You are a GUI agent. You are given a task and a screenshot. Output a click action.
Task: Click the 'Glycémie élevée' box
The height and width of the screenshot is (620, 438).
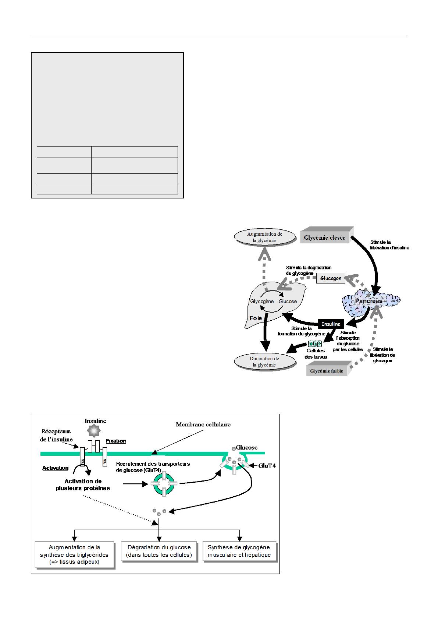click(x=325, y=237)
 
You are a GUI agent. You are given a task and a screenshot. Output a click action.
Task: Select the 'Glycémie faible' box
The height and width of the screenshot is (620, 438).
click(x=327, y=371)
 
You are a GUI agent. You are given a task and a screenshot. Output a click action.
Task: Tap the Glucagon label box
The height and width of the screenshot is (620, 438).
click(x=331, y=278)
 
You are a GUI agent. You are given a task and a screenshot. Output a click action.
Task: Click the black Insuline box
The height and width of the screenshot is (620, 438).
click(x=331, y=324)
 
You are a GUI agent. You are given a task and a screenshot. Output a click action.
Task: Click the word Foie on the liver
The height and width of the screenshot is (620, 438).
click(x=256, y=318)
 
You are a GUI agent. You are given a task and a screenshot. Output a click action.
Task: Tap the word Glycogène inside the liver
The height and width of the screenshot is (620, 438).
click(x=262, y=301)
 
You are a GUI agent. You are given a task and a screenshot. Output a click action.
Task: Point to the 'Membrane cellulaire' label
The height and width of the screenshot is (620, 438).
click(x=203, y=424)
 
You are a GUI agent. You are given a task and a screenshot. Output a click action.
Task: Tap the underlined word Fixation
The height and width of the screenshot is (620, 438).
click(x=116, y=441)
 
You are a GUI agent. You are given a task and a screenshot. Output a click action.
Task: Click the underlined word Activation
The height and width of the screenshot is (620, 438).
click(x=55, y=468)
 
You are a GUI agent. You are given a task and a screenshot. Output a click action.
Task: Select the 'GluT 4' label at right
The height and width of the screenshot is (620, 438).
click(x=267, y=465)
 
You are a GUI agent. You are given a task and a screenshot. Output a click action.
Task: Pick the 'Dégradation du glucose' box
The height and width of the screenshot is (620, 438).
click(x=159, y=551)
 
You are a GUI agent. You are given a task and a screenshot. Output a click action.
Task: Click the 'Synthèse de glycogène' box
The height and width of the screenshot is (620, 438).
click(x=239, y=551)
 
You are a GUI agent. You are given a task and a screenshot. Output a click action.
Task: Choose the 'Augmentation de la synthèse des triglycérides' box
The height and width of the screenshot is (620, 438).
click(x=74, y=555)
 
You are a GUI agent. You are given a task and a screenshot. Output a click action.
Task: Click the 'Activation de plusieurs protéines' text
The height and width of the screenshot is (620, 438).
click(x=83, y=485)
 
